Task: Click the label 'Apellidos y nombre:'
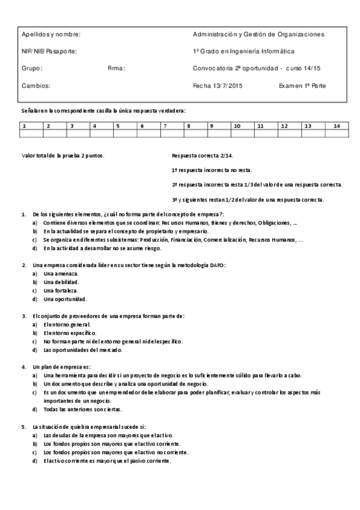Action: tap(50, 34)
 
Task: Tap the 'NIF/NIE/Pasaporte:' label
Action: tap(49, 51)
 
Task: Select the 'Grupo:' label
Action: tap(32, 69)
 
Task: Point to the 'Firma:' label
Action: tap(116, 69)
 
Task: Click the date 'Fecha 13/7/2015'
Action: tap(218, 86)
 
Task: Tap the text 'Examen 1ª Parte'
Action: tap(302, 86)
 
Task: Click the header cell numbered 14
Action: tap(337, 126)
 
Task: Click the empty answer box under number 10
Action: tap(242, 134)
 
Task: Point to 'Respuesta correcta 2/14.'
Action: tap(198, 156)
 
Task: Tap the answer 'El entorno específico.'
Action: tap(70, 333)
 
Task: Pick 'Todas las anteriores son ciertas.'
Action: tap(82, 409)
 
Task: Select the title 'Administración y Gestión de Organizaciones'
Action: tap(258, 34)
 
